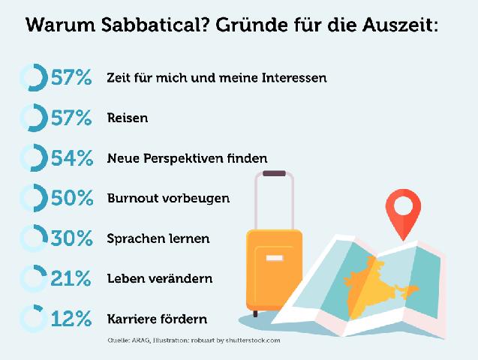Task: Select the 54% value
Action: (x=73, y=158)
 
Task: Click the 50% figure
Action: (x=73, y=199)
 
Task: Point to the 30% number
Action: (x=73, y=239)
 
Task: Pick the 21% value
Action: (x=73, y=279)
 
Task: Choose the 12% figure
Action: (x=73, y=319)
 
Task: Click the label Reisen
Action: (x=128, y=118)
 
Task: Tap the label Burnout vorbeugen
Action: (x=169, y=199)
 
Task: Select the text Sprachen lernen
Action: (x=158, y=239)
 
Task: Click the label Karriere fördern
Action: (x=158, y=319)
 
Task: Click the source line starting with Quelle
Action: (x=194, y=340)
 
